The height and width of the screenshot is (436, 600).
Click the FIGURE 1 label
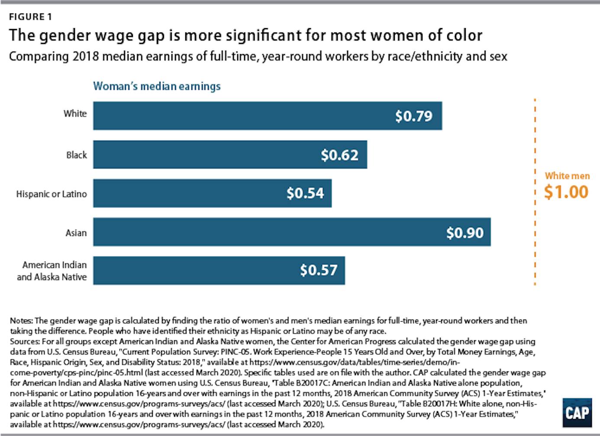pyautogui.click(x=30, y=17)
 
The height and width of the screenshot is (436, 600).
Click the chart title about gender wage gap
pyautogui.click(x=245, y=36)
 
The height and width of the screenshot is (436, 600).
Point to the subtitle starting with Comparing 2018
pyautogui.click(x=258, y=57)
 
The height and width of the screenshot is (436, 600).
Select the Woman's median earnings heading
pyautogui.click(x=157, y=86)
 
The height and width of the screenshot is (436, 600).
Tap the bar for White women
pyautogui.click(x=242, y=116)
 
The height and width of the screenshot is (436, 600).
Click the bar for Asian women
pyautogui.click(x=260, y=233)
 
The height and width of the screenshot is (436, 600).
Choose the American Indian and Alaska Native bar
pyautogui.click(x=195, y=270)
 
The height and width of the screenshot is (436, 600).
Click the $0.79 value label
pyautogui.click(x=413, y=116)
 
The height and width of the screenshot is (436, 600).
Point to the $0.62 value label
pyautogui.click(x=339, y=155)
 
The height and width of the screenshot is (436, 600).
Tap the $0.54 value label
pyautogui.click(x=305, y=193)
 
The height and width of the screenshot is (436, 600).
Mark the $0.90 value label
pyautogui.click(x=465, y=233)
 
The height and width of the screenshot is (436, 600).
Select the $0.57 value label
pyautogui.click(x=319, y=270)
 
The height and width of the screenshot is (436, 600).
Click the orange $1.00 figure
pyautogui.click(x=566, y=192)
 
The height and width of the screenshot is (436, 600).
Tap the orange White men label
pyautogui.click(x=567, y=176)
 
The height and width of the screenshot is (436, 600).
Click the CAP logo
pyautogui.click(x=577, y=412)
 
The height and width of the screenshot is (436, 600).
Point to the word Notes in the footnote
pyautogui.click(x=21, y=321)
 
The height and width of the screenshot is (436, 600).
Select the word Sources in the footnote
pyautogui.click(x=25, y=342)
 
